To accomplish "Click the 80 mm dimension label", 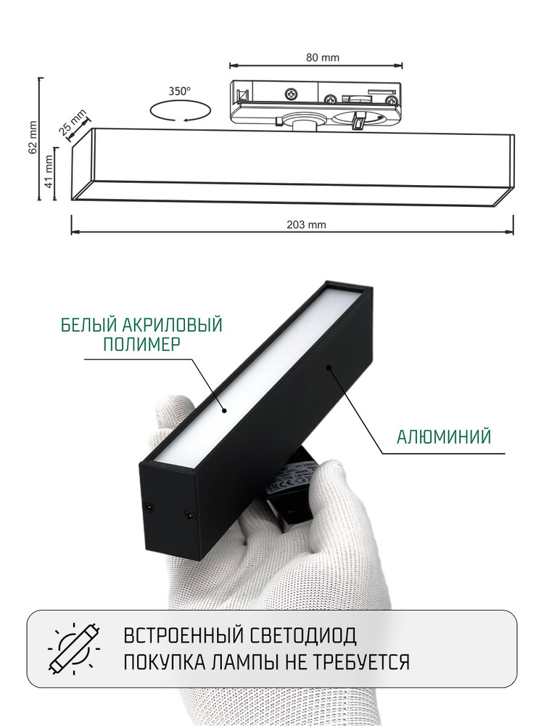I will point(316,57).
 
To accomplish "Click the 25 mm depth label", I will point(73,123).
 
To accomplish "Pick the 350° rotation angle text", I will point(179,91).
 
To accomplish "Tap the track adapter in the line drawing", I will point(315,102).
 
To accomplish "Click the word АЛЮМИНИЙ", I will point(445,436).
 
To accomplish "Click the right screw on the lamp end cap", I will point(191,514).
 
